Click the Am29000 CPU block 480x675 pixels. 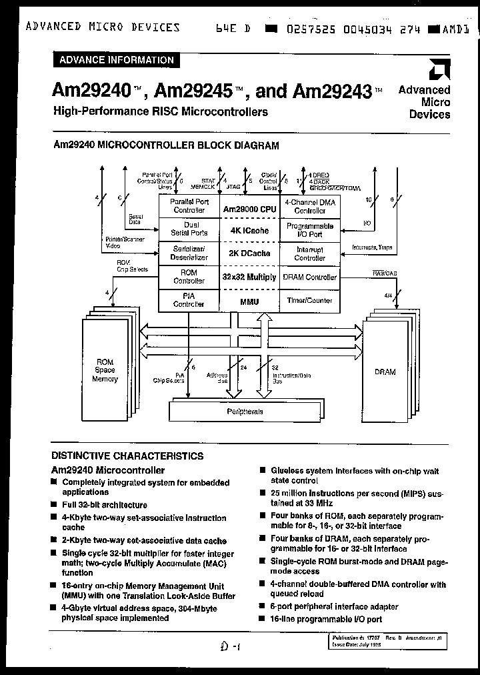249,209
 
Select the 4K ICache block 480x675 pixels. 249,231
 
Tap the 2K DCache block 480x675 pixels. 249,253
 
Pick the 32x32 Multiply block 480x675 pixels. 249,277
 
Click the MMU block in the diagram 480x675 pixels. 249,301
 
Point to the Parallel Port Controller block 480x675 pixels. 189,205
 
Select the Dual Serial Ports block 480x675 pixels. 189,229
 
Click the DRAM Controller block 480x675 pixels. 310,277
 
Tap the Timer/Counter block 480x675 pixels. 310,301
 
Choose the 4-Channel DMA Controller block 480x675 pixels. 310,205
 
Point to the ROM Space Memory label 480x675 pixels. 105,370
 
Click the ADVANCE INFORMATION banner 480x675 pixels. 116,60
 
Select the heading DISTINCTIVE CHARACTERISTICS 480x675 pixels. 127,456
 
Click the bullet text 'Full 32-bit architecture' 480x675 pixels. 105,505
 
